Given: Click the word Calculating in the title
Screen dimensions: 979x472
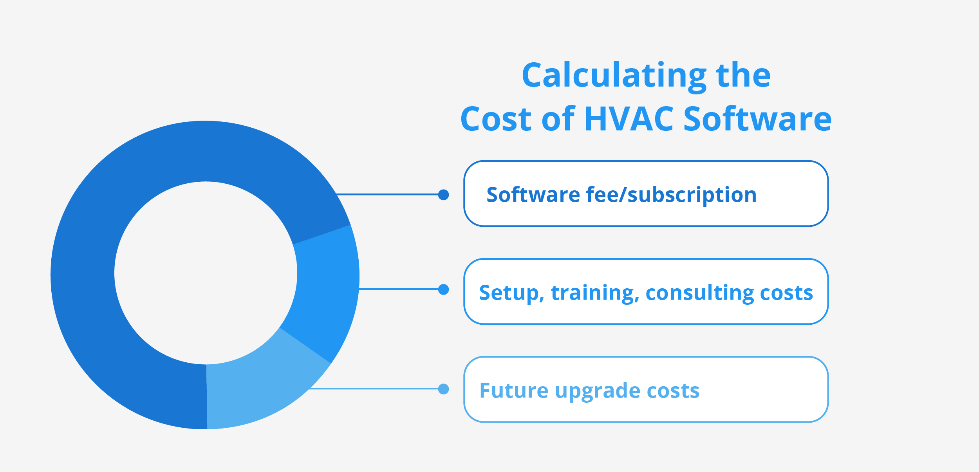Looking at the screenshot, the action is tap(614, 77).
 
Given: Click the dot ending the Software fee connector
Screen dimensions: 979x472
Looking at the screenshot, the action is tap(443, 195).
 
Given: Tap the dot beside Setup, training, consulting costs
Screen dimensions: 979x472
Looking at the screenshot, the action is tap(443, 289).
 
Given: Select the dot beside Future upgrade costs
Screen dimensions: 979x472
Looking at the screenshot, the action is tap(443, 389).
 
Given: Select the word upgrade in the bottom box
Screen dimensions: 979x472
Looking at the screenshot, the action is tap(598, 392).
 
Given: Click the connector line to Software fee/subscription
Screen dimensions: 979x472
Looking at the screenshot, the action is tap(387, 194).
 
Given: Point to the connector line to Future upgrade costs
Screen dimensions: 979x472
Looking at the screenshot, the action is tap(374, 389).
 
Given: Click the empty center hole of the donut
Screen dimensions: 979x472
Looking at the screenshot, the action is tap(206, 273).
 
